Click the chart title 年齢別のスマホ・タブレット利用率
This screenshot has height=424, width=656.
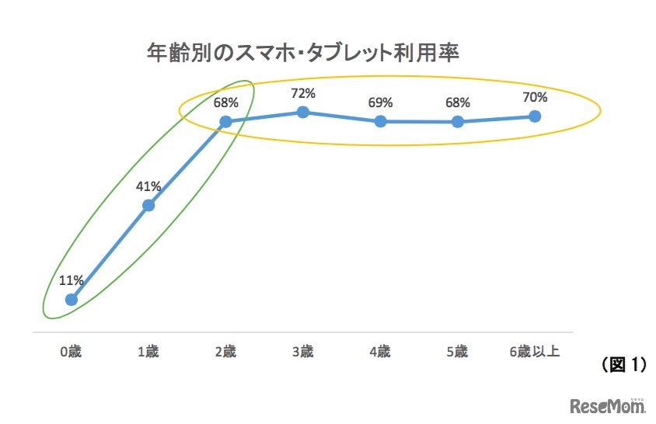[x=304, y=53]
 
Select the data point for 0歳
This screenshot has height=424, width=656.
[x=72, y=299]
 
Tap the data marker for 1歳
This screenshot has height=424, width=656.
[x=148, y=205]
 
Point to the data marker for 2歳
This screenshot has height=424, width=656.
[x=225, y=121]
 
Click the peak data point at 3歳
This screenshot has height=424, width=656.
[x=303, y=112]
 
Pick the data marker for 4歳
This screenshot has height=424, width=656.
[x=380, y=121]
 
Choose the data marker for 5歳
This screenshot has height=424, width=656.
[x=457, y=121]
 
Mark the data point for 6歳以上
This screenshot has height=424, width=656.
[x=535, y=116]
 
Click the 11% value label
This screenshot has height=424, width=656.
[x=72, y=280]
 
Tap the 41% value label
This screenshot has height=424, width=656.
[x=148, y=186]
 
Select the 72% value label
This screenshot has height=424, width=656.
[x=303, y=93]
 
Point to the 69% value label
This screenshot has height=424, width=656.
[x=380, y=103]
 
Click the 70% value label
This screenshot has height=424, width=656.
[x=535, y=97]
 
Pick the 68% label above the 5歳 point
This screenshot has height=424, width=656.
[x=457, y=103]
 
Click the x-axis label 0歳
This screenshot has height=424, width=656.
[x=71, y=352]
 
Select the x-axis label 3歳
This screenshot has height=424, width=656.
[x=303, y=352]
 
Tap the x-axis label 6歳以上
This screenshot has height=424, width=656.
[x=535, y=352]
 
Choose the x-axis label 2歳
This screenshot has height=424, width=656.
[x=225, y=352]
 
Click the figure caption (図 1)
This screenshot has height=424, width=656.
[x=624, y=364]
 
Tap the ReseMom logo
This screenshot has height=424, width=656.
[x=608, y=405]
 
